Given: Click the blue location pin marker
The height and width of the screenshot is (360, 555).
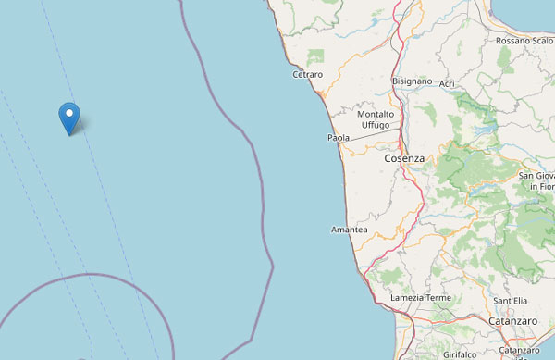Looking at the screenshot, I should [x=68, y=118].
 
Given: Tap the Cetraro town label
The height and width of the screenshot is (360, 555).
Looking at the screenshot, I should [x=307, y=74].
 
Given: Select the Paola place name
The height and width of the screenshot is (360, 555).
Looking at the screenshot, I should [x=339, y=138].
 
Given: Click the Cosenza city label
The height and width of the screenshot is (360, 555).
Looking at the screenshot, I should [x=404, y=158].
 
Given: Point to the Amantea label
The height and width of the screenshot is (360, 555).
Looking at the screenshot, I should [x=349, y=230].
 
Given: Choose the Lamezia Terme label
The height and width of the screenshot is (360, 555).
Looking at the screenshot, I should [x=420, y=297].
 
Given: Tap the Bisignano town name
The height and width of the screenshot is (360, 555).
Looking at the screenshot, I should [x=413, y=81].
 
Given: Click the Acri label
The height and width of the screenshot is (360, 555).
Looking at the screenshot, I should [x=448, y=84].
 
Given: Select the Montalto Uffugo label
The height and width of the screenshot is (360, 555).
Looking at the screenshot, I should [x=376, y=119].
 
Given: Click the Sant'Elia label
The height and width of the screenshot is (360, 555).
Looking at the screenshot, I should [x=511, y=302].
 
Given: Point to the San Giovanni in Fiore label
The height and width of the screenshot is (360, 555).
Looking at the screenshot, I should [x=536, y=180].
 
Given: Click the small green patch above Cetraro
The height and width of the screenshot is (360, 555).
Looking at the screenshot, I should [x=316, y=56].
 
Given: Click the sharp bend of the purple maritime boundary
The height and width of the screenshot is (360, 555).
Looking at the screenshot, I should [x=274, y=267].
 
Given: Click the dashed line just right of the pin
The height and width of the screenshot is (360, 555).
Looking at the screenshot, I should [x=90, y=139].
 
